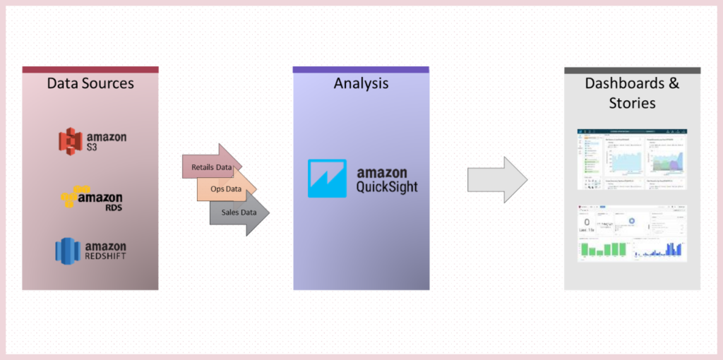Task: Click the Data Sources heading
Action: click(90, 83)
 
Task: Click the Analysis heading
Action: click(361, 83)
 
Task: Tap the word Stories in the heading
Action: click(632, 103)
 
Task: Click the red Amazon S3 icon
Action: click(71, 140)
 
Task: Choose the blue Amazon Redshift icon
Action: click(68, 251)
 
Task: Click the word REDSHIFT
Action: click(105, 256)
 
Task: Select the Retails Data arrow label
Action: click(211, 167)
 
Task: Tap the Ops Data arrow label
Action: click(225, 189)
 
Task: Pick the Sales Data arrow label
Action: click(239, 212)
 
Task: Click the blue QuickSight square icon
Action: click(327, 178)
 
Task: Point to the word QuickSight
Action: click(387, 187)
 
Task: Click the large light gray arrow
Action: click(497, 179)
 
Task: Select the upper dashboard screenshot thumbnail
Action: click(632, 160)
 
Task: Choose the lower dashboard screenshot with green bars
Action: click(632, 233)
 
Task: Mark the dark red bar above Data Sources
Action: click(90, 70)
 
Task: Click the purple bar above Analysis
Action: click(361, 70)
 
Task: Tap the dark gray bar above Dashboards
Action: click(632, 70)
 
